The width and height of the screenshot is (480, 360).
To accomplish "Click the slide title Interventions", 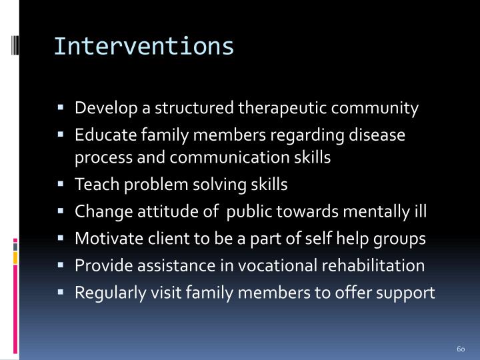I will (x=143, y=46).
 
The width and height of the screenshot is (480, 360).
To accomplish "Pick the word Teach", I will (x=92, y=185).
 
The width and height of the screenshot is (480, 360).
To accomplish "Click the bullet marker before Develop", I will (x=61, y=108).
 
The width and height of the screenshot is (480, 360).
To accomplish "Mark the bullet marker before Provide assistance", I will (x=61, y=266).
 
